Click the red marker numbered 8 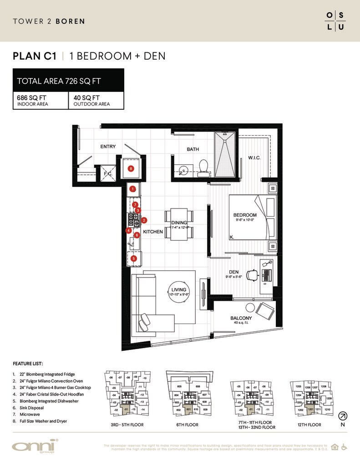coord(131,169)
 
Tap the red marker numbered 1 coord(133,188)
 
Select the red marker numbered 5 coord(133,258)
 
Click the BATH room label coord(193,149)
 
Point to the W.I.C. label coord(254,158)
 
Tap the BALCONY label coord(241,318)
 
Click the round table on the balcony coord(248,307)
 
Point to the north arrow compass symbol coord(342,415)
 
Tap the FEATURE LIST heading coord(28,364)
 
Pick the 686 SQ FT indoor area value coord(31,97)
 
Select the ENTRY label coord(108,147)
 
